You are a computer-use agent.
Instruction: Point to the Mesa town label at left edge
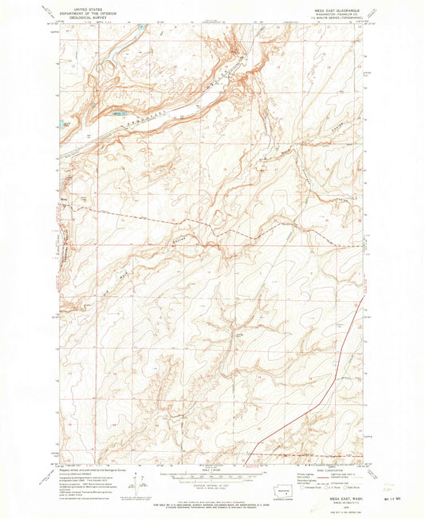(x=63, y=192)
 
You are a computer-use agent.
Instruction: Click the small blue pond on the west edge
(x=63, y=124)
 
